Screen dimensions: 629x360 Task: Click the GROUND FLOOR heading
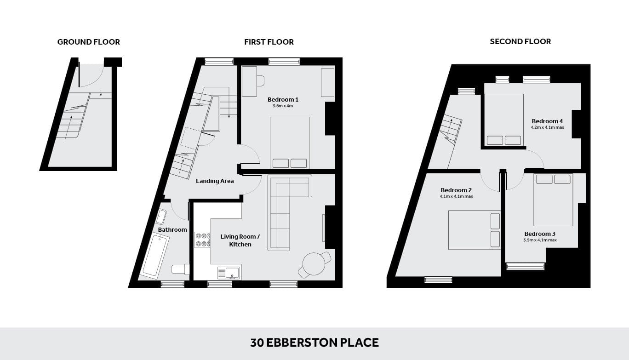[88, 42]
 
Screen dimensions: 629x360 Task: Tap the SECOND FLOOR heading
[520, 41]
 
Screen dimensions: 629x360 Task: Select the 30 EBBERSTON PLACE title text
[314, 343]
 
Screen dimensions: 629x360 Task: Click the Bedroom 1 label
[283, 99]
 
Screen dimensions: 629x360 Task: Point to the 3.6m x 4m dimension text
[283, 106]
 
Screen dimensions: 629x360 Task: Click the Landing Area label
[215, 181]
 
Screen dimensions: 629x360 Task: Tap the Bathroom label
[172, 230]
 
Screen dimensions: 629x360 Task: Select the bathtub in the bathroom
[155, 257]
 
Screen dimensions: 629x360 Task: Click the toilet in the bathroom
[181, 269]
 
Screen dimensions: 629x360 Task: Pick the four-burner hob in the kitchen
[202, 240]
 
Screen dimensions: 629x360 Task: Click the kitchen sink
[229, 272]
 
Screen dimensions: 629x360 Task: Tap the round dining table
[314, 264]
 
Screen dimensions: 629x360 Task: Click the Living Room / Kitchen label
[240, 240]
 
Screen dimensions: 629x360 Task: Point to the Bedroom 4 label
[547, 121]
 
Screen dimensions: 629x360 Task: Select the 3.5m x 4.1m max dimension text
[540, 240]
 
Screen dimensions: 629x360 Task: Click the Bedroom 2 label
[456, 190]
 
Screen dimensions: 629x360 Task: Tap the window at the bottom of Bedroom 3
[525, 266]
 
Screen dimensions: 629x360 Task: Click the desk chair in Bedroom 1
[261, 81]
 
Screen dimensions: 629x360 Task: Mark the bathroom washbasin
[161, 217]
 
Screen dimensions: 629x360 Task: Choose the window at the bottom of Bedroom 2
[438, 280]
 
